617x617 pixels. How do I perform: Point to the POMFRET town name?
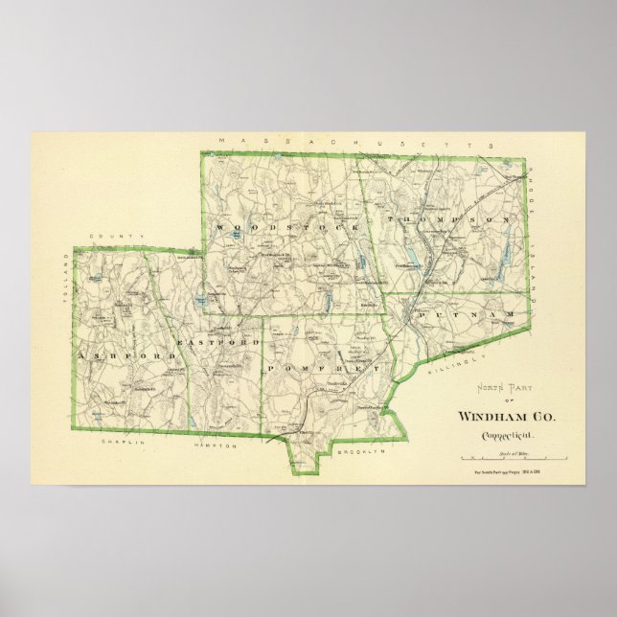coord(325,369)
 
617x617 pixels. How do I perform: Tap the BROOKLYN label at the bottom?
coord(360,449)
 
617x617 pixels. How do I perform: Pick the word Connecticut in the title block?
coord(508,436)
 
